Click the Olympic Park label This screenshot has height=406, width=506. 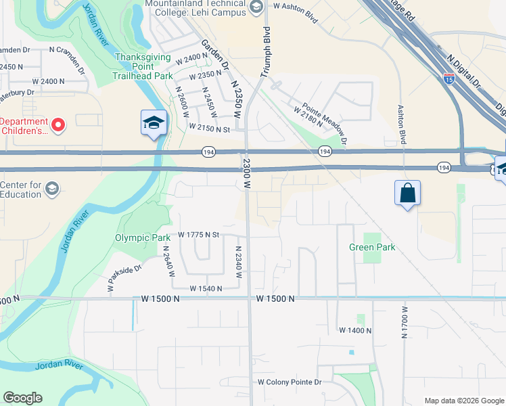click(x=142, y=238)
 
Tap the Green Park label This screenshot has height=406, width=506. click(x=372, y=248)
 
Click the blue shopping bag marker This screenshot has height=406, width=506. click(x=408, y=194)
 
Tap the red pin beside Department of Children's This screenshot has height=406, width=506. click(x=58, y=125)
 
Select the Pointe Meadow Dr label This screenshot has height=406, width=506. click(x=325, y=124)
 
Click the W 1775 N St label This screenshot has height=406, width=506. click(x=200, y=235)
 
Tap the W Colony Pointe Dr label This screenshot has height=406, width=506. click(x=290, y=382)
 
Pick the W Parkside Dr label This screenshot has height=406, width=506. click(x=124, y=278)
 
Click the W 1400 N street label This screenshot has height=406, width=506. click(x=355, y=330)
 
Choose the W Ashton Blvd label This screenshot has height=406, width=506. click(x=295, y=6)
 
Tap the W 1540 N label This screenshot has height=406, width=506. click(x=206, y=288)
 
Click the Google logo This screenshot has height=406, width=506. click(x=23, y=398)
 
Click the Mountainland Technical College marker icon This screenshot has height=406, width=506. click(x=256, y=7)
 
